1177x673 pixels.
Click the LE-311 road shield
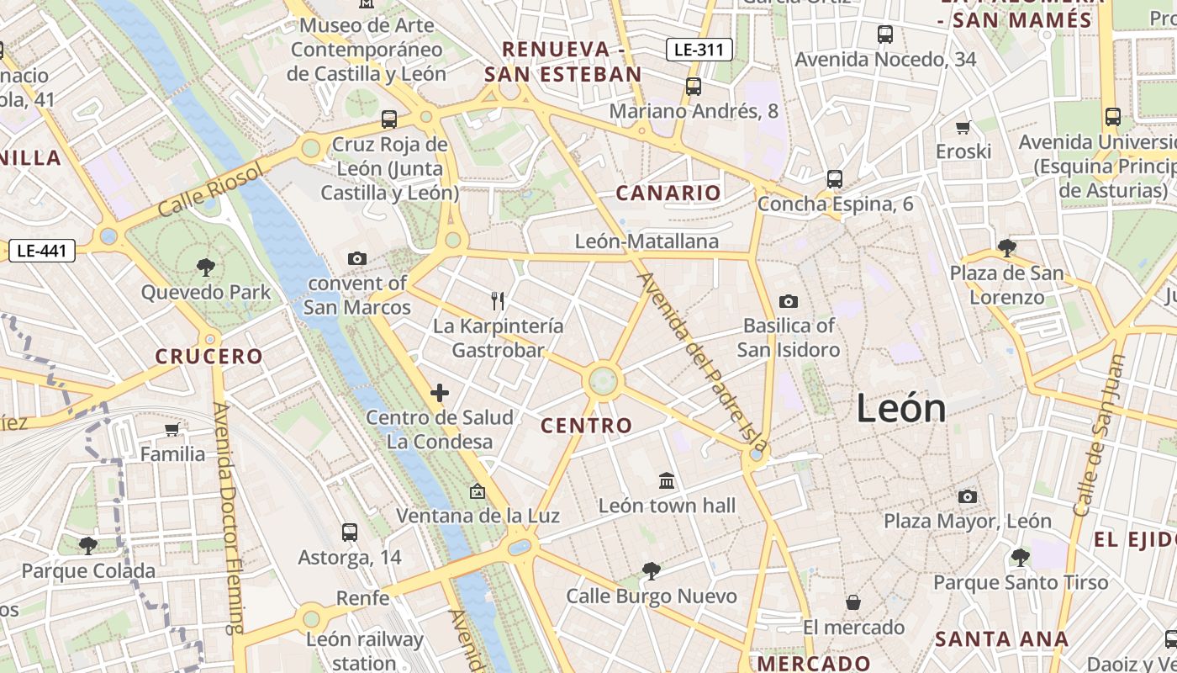[699, 50]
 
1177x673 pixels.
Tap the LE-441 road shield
[41, 250]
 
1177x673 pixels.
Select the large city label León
[901, 409]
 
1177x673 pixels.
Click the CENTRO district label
[586, 426]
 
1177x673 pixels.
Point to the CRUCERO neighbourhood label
[209, 356]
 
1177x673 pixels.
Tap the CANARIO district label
[668, 193]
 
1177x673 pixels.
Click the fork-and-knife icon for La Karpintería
[498, 300]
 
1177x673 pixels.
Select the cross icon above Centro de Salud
[439, 393]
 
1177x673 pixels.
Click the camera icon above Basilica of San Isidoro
[788, 301]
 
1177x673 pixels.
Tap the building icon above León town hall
[667, 480]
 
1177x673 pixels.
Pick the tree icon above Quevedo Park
[205, 268]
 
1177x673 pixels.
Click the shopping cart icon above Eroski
[963, 127]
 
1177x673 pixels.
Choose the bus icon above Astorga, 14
[350, 532]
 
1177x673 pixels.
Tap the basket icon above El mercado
[853, 602]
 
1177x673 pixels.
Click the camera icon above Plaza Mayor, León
[968, 496]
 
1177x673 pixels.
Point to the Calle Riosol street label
[210, 189]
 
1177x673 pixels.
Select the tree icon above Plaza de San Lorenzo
[1006, 247]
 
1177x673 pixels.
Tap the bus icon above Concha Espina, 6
[834, 178]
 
